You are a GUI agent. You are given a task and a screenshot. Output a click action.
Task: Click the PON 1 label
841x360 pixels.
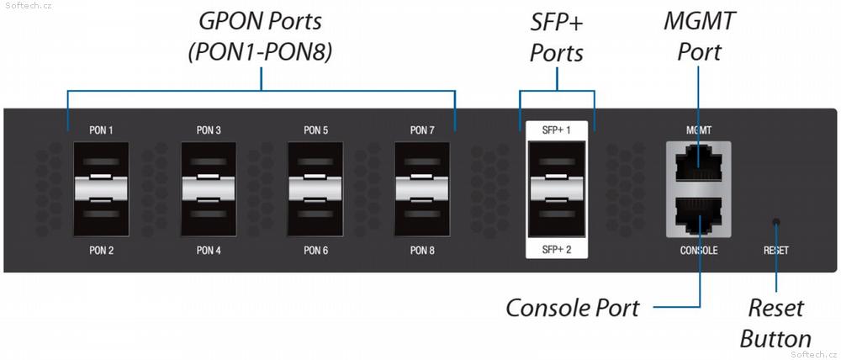101,130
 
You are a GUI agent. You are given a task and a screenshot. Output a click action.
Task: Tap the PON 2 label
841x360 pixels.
101,250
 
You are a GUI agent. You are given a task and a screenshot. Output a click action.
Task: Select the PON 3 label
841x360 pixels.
209,130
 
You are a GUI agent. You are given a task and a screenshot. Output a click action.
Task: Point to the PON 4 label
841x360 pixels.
209,250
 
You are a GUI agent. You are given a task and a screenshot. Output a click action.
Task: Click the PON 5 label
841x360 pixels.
315,130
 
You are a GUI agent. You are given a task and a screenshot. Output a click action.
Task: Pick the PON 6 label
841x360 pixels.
315,250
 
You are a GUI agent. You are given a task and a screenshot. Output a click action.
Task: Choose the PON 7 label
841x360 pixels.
422,130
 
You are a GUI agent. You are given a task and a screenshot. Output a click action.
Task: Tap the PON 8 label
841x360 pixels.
422,250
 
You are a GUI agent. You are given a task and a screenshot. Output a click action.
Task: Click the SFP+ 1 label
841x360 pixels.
556,130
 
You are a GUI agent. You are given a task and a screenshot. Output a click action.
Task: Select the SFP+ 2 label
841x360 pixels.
556,250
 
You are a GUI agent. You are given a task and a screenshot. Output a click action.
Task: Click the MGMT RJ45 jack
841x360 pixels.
698,165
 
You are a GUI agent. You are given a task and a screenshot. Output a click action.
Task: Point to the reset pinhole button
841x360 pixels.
775,222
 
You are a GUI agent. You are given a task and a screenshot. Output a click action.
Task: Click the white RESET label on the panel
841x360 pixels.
776,250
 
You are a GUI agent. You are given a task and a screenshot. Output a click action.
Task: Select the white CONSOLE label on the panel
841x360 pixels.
698,250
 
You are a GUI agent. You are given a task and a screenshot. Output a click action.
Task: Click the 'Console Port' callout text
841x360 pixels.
572,308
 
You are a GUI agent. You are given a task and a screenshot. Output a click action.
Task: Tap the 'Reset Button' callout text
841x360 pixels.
775,324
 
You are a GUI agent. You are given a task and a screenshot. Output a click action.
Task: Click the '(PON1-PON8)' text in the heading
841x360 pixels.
260,52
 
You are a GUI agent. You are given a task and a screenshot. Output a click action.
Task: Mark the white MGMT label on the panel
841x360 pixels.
699,130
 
